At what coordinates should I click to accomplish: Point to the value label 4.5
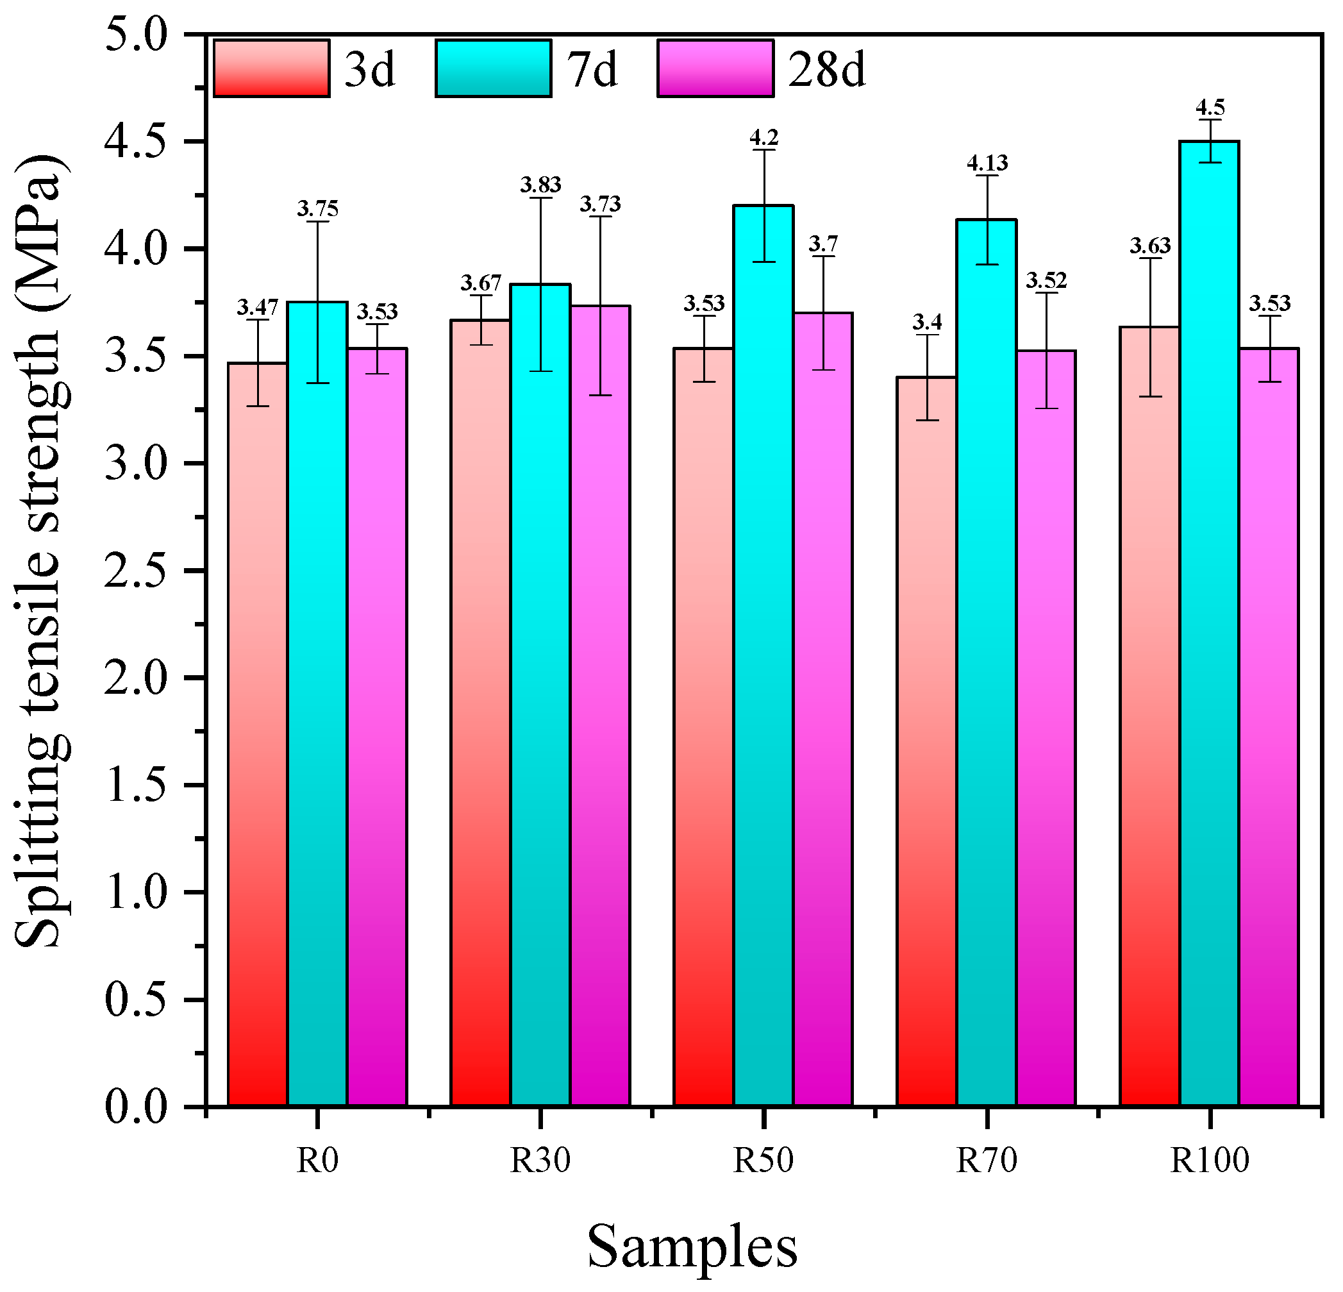point(1210,108)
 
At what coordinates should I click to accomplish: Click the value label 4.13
point(987,163)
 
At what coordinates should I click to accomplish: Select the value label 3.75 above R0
point(317,208)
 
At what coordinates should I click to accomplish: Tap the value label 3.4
point(927,321)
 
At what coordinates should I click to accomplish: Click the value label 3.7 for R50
point(823,243)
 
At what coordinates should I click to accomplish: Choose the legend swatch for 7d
point(493,69)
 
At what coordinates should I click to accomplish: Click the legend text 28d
point(826,70)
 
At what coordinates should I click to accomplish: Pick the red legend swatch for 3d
point(271,69)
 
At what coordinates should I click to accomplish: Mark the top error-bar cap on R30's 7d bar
point(540,198)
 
